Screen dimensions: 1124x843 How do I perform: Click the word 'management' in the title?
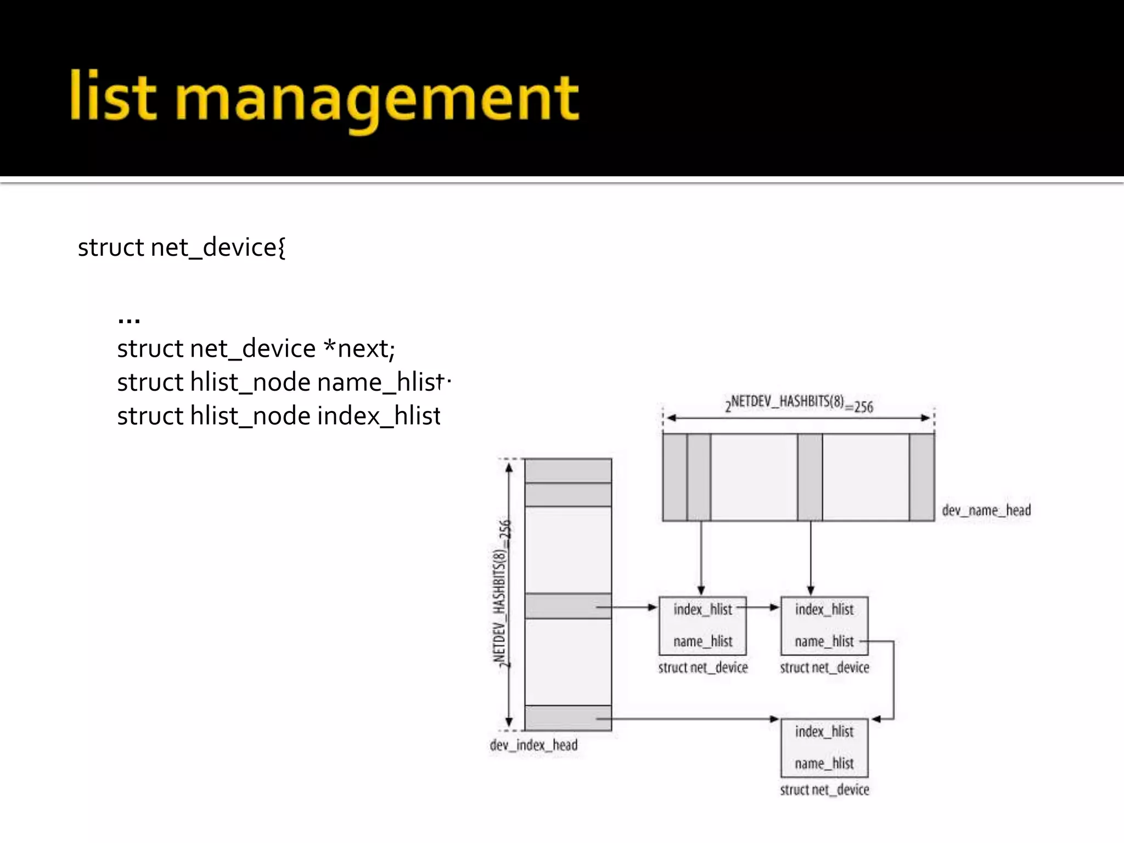click(x=377, y=99)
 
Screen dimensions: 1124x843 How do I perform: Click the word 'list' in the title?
click(x=113, y=96)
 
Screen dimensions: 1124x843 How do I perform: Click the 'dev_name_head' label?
click(x=986, y=510)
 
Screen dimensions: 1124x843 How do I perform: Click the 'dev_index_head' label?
click(x=533, y=745)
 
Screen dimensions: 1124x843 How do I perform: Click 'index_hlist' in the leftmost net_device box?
click(x=702, y=609)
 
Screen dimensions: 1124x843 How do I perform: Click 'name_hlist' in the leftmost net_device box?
click(x=702, y=641)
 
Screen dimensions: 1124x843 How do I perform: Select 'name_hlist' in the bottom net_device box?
click(x=824, y=763)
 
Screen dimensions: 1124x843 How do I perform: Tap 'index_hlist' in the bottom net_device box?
click(x=824, y=732)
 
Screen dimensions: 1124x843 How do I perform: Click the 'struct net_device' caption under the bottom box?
click(x=824, y=790)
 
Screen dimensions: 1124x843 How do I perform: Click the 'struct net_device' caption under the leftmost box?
click(x=702, y=667)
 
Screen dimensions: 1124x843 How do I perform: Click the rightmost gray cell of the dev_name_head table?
click(x=921, y=477)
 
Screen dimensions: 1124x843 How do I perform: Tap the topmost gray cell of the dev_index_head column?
click(x=568, y=471)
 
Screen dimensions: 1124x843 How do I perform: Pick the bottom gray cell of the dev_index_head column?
click(x=568, y=718)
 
